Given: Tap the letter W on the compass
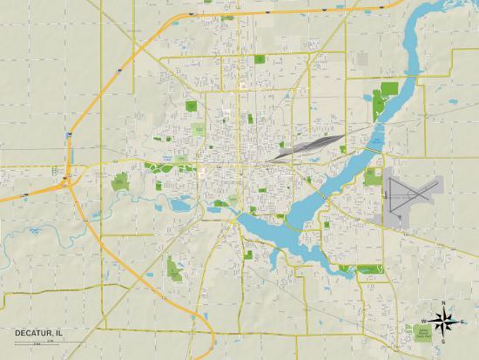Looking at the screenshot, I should coord(424,323).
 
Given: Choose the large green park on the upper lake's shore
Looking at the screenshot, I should coord(383,103).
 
